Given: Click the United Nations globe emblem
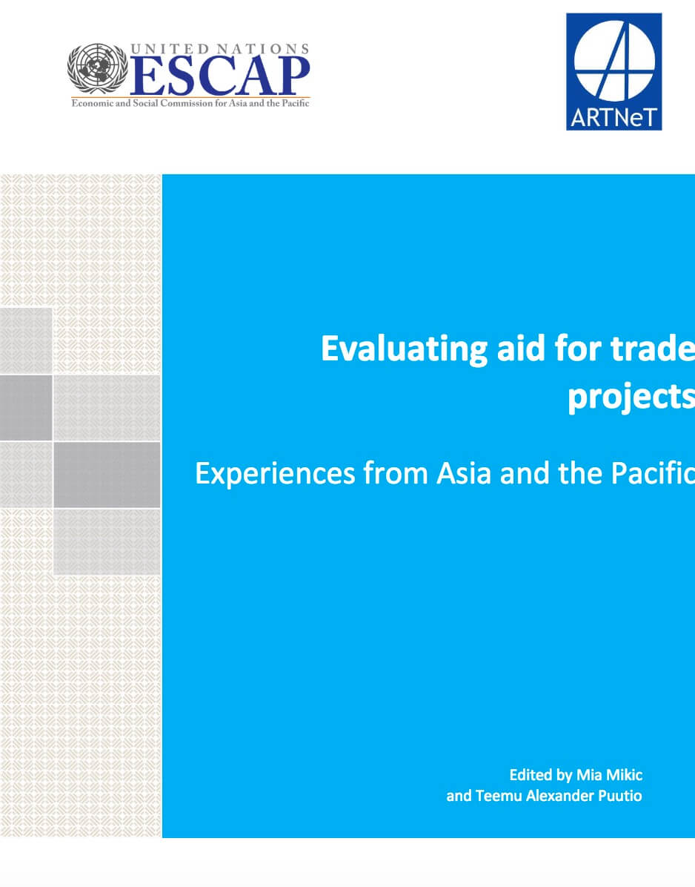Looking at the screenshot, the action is coord(98,69).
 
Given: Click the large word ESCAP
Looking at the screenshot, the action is coord(220,76).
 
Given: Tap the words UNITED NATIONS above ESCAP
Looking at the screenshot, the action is coord(220,49).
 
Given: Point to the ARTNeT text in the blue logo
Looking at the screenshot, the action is coord(613,118).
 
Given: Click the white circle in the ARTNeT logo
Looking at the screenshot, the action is coord(614,59).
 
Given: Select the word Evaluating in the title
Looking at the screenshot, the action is coord(404,349).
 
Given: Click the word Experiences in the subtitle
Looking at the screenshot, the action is coord(275,474).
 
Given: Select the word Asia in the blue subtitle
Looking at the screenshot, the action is coord(464,473).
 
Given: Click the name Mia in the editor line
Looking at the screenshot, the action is coord(589,775).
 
